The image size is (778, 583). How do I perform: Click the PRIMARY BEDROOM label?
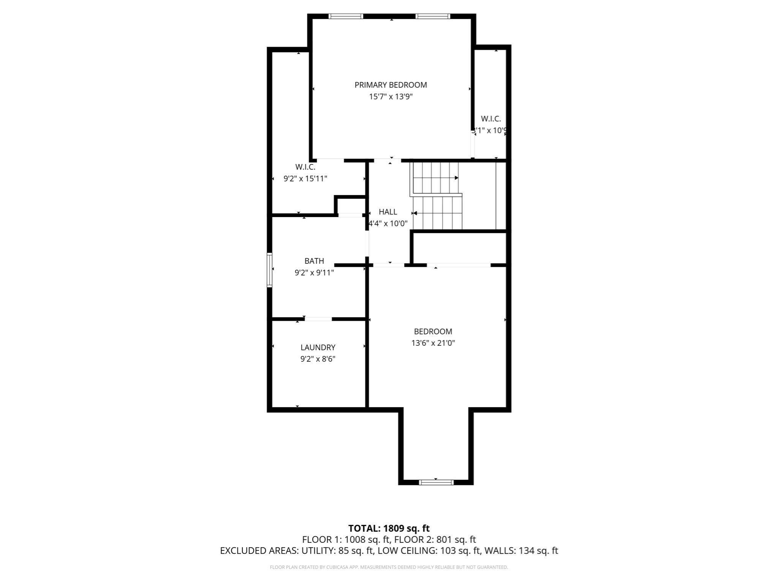point(391,85)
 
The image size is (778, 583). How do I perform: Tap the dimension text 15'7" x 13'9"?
point(391,97)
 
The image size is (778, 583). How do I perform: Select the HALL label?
point(388,212)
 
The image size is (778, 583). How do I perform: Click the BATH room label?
point(314,261)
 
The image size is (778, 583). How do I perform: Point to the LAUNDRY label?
point(318,347)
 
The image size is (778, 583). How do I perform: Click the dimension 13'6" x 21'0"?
point(433,343)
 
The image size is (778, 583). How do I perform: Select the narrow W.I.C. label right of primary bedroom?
point(491,119)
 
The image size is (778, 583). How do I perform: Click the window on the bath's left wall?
point(269,270)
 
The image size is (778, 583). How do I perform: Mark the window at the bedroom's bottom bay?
point(436,482)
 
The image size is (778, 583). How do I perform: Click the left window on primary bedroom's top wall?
point(346,16)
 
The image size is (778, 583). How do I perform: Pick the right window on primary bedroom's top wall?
point(433,16)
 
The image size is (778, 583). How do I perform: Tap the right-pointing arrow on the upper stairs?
point(456,178)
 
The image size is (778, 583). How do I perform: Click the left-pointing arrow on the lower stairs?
point(415,213)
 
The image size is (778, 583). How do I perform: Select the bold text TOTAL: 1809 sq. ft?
point(389,528)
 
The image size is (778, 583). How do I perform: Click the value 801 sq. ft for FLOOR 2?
point(456,539)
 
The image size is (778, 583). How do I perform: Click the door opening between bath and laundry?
point(318,319)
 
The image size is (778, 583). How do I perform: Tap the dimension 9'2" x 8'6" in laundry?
point(318,359)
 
